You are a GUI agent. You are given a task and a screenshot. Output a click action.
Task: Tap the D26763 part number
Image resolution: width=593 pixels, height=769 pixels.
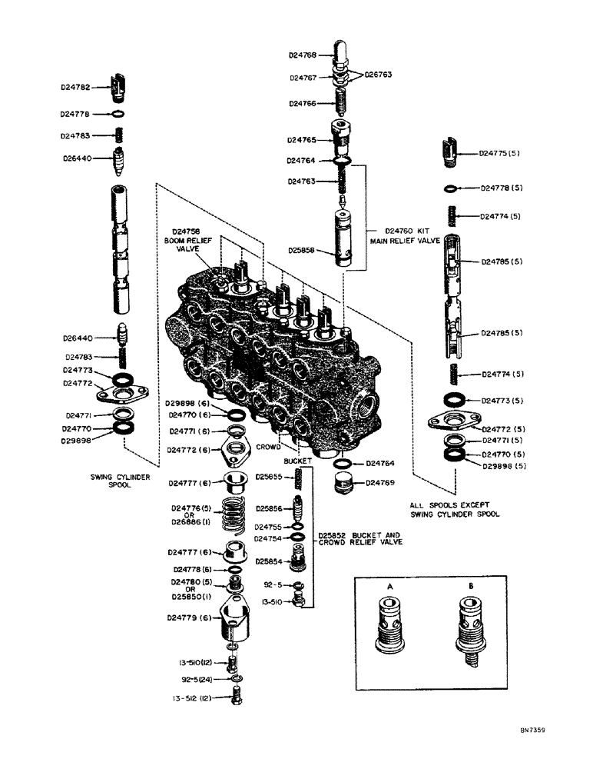coord(378,75)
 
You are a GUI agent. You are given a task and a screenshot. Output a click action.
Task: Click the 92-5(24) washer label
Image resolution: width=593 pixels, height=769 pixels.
coord(198,679)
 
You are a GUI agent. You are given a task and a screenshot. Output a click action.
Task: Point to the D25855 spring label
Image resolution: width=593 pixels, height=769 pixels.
coord(270,478)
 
